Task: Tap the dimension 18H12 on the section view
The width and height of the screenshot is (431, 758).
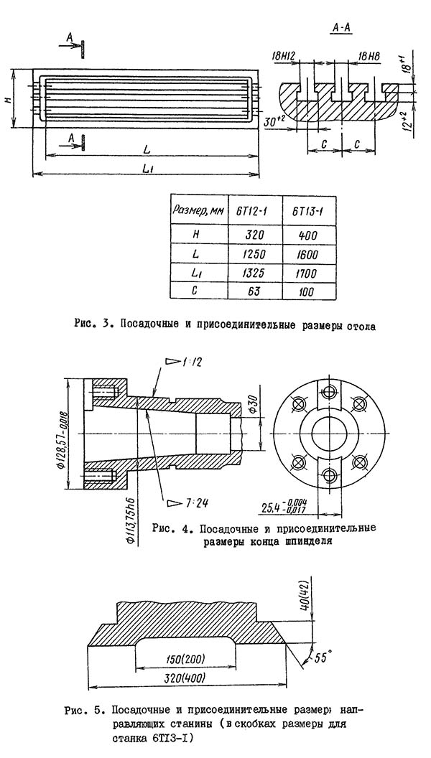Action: point(286,56)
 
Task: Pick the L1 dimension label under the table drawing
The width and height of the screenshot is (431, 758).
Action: point(147,167)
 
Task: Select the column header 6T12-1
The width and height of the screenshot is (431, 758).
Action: point(252,210)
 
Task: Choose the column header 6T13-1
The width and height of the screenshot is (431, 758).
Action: point(307,210)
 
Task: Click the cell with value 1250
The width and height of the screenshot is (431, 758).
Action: point(252,253)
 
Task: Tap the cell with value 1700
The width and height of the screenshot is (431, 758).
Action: point(307,273)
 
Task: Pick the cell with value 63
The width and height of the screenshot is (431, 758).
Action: point(252,292)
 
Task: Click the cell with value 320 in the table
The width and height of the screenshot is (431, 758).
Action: point(252,234)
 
